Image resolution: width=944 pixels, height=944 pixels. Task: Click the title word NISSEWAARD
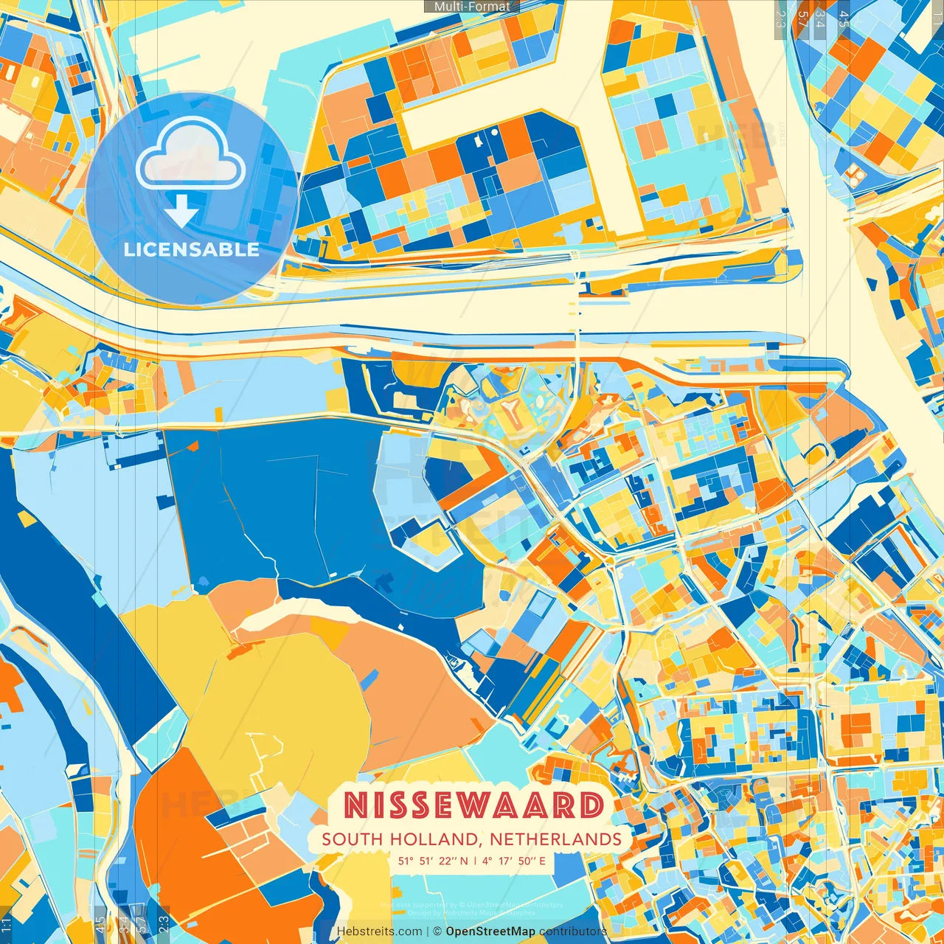click(x=474, y=805)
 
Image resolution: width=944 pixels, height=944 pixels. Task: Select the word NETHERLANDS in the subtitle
click(x=555, y=839)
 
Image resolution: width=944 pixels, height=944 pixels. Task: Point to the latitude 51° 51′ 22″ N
click(x=433, y=861)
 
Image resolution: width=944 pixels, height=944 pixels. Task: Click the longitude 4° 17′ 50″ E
click(x=515, y=861)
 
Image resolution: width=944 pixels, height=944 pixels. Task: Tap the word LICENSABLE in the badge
click(x=192, y=249)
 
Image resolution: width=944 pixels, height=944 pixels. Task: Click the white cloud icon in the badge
click(x=190, y=153)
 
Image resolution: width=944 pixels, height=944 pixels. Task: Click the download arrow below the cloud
click(x=181, y=211)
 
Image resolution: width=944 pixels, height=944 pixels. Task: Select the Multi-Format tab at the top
click(x=472, y=7)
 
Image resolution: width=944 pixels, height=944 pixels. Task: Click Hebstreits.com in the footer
click(x=379, y=931)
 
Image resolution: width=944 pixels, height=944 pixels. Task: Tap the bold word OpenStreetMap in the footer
click(x=490, y=931)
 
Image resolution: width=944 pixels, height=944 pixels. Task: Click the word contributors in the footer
click(x=572, y=931)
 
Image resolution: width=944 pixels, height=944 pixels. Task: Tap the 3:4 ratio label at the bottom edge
click(x=123, y=923)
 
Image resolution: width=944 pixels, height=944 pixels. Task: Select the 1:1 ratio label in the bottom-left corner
click(x=6, y=924)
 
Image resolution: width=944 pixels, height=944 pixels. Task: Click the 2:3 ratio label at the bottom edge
click(x=164, y=923)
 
